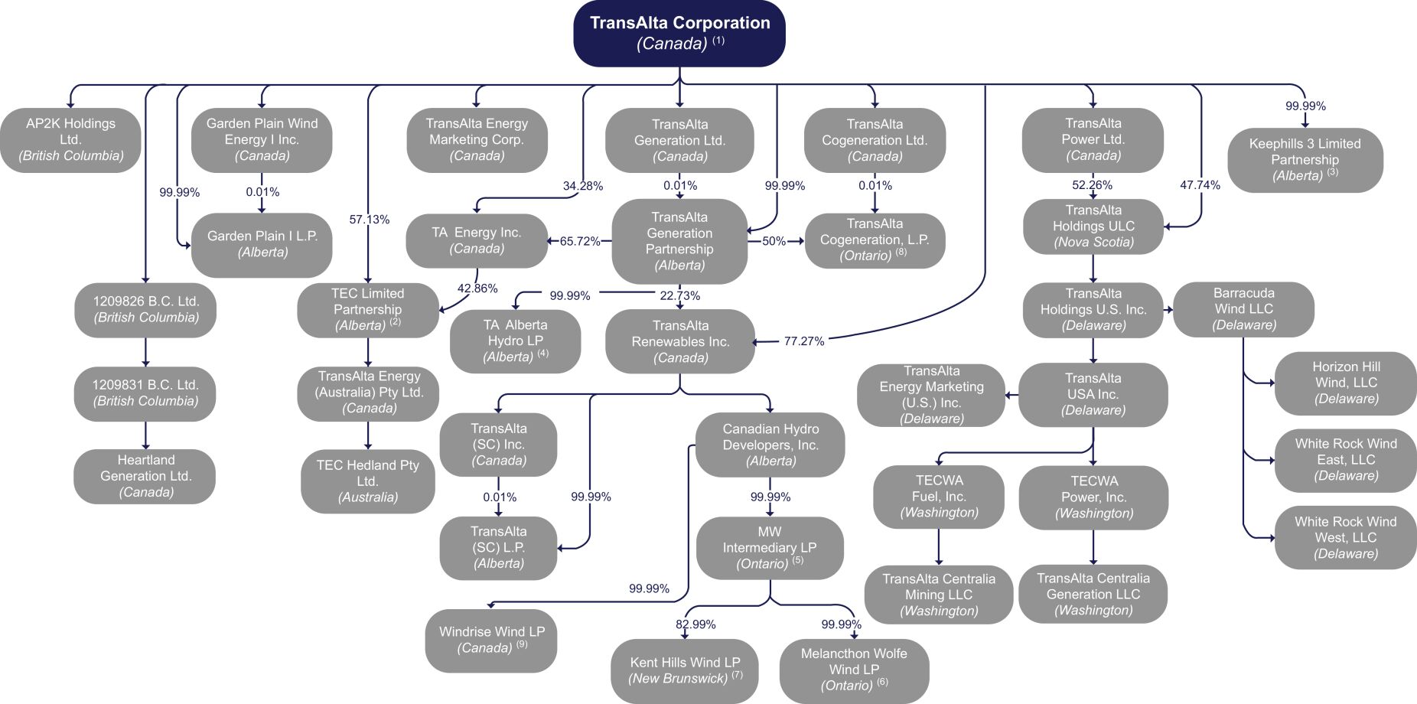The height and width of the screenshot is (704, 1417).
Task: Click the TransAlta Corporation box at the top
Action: click(679, 33)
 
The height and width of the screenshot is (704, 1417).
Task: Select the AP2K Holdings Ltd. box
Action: click(70, 140)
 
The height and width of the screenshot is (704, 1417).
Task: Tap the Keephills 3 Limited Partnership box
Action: click(1305, 160)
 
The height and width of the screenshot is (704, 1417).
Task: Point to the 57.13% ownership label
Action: click(369, 220)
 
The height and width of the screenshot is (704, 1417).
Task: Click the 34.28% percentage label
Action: click(582, 186)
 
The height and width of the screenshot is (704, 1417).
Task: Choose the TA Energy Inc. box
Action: click(477, 240)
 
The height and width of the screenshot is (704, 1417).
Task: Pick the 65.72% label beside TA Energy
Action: click(580, 241)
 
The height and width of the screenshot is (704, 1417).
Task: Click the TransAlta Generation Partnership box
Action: click(679, 241)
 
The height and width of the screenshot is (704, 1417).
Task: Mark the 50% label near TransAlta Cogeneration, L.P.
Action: click(774, 241)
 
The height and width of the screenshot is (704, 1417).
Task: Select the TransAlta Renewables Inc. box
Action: click(680, 341)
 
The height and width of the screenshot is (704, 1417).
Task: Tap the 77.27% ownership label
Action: click(803, 341)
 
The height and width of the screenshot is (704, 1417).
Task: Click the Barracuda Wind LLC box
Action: click(1243, 309)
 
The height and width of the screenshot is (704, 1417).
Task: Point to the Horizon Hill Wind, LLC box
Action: click(1345, 383)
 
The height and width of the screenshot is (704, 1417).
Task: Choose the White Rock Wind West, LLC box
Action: click(1345, 537)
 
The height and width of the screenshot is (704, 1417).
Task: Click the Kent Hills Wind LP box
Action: click(684, 670)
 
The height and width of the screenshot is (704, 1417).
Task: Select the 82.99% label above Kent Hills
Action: click(695, 624)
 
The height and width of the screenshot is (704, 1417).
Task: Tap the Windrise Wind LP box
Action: click(491, 640)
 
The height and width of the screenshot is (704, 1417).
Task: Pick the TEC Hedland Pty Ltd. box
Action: click(368, 481)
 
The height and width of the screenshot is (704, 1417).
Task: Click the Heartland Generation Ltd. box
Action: click(145, 476)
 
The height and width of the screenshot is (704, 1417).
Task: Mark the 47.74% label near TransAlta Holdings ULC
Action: click(1200, 185)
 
